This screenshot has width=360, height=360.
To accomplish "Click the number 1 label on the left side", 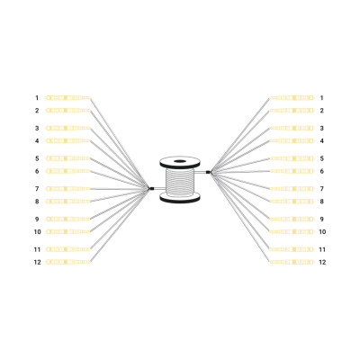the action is [37, 98].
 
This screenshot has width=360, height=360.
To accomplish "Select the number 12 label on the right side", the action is [322, 262].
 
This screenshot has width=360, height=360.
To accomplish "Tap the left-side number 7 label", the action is [37, 189].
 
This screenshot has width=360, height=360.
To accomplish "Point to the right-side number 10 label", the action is [322, 232].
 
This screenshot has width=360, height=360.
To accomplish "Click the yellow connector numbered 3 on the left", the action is [67, 128].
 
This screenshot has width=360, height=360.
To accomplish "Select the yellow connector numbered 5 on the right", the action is [292, 158].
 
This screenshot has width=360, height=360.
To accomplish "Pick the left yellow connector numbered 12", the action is [67, 262].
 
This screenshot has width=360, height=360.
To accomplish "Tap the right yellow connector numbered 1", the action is [292, 98].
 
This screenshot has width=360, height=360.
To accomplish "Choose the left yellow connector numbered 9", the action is [67, 219].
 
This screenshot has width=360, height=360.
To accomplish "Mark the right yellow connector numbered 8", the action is [292, 202].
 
